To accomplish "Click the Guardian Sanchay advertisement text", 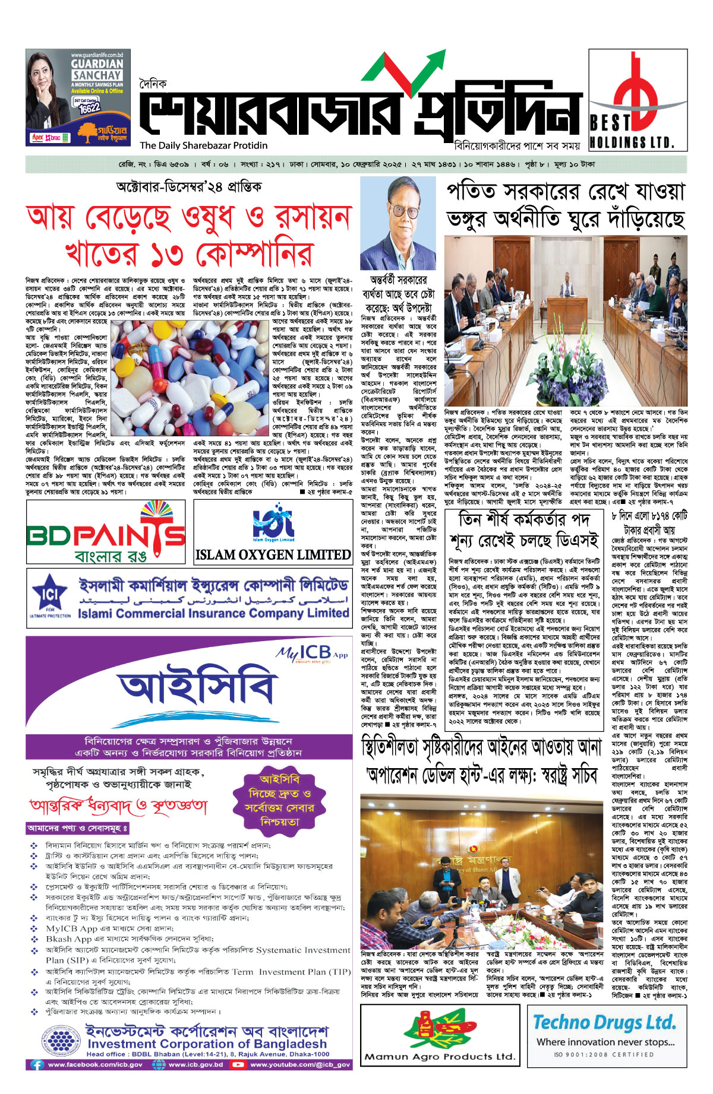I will (97, 69).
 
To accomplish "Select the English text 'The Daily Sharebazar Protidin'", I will (204, 145).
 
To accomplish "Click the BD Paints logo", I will (106, 532).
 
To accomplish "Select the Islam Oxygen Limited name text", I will (273, 554).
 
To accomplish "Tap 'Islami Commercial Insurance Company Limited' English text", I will (213, 613).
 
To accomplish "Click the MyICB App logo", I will (311, 653).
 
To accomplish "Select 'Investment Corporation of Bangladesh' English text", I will (207, 1044).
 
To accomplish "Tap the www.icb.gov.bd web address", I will (195, 1064).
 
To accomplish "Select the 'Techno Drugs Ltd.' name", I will (604, 1022).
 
